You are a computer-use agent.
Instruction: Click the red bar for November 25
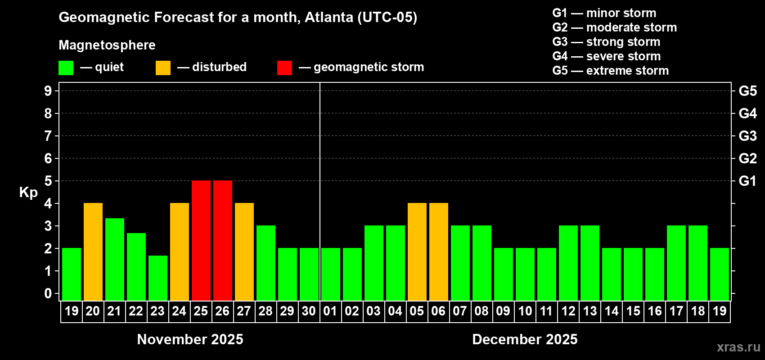(x=201, y=240)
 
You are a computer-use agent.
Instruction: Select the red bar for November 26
(x=223, y=240)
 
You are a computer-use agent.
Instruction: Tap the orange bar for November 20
(x=93, y=252)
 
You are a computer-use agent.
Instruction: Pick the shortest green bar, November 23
(x=158, y=278)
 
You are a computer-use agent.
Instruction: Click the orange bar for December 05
(x=417, y=252)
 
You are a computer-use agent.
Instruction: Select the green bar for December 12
(x=568, y=263)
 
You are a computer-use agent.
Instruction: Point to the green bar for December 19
(x=720, y=274)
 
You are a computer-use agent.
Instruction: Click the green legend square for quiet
(x=66, y=68)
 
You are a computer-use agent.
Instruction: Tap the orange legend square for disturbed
(x=163, y=68)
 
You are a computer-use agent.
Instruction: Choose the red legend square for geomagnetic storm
(x=284, y=68)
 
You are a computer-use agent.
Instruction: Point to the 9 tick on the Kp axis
(x=48, y=91)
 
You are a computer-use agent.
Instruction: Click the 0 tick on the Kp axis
(x=48, y=293)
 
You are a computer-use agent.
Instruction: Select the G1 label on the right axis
(x=747, y=181)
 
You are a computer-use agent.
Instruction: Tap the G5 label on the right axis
(x=747, y=91)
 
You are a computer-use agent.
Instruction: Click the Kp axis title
(x=28, y=193)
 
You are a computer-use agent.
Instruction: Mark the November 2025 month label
(x=190, y=339)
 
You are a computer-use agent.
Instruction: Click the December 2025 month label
(x=525, y=339)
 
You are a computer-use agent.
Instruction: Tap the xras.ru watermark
(x=738, y=347)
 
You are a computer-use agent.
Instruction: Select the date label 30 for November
(x=309, y=311)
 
